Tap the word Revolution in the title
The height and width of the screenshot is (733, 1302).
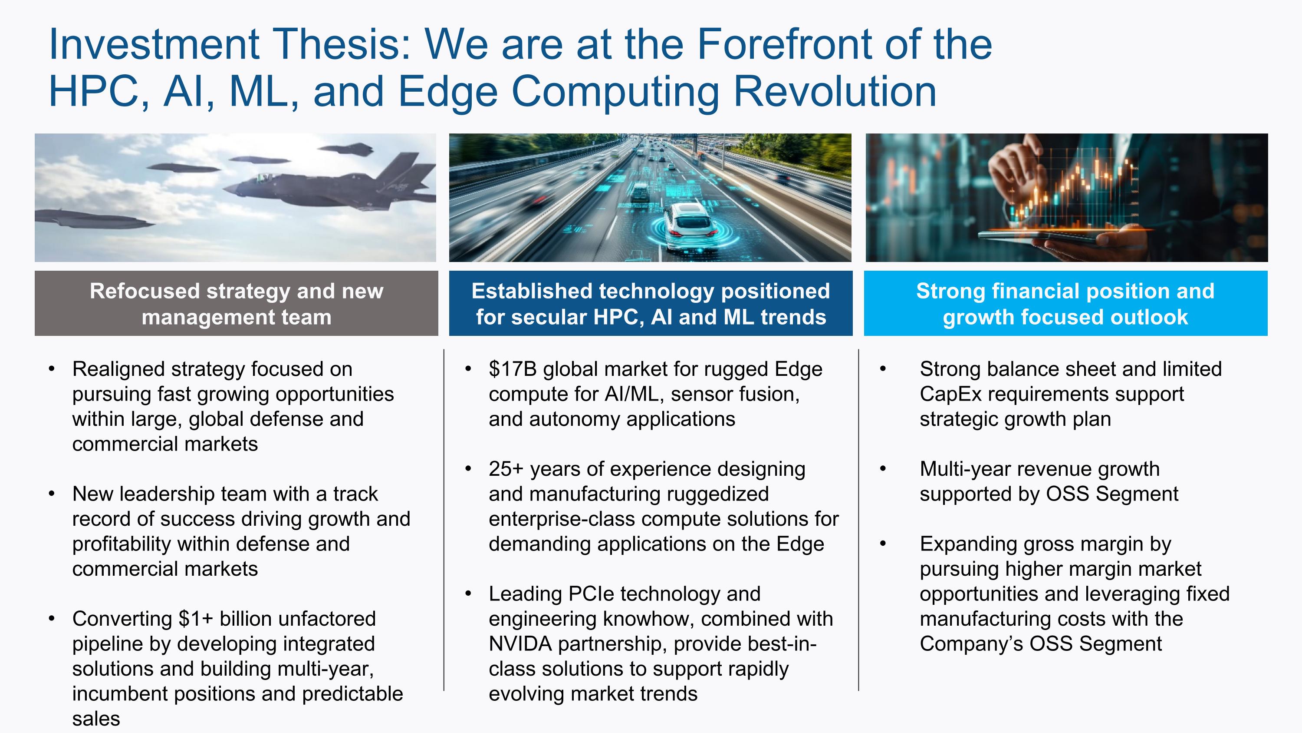point(835,92)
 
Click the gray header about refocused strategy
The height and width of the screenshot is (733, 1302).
point(236,304)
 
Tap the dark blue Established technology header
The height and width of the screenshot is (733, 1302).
point(651,304)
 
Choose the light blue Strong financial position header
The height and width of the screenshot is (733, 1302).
point(1065,304)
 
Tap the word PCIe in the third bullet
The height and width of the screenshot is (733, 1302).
point(590,594)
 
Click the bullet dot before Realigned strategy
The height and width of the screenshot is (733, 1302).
point(52,369)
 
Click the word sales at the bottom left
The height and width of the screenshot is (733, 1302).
point(96,719)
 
